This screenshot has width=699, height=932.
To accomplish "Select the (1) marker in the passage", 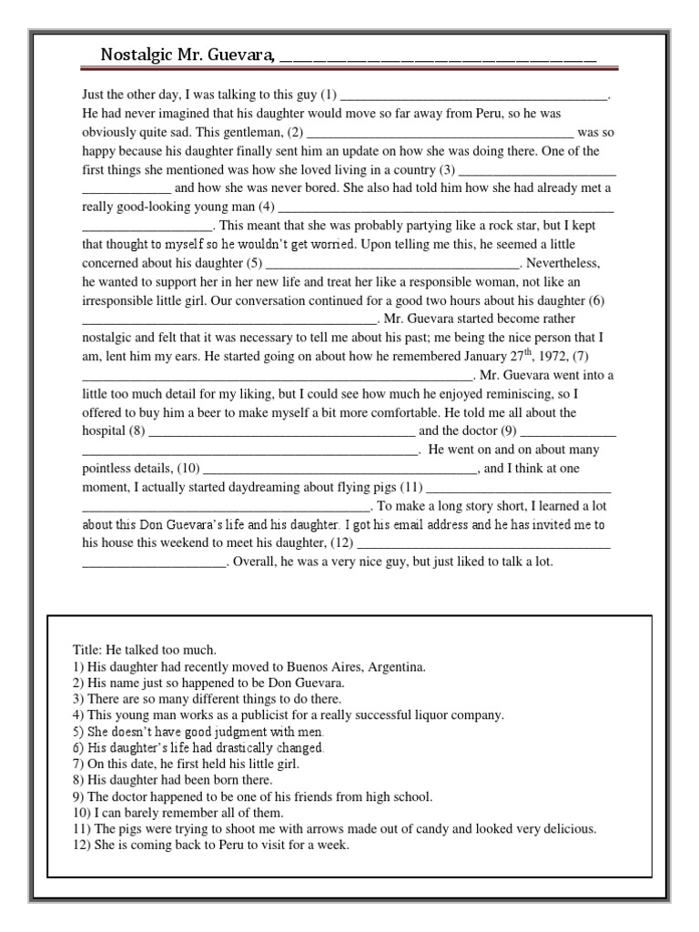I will [329, 95].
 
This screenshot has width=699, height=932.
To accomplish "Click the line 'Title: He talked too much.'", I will [145, 650].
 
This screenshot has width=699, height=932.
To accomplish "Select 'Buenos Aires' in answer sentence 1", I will [312, 667].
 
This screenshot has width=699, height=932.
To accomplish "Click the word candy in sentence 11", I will [419, 829].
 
